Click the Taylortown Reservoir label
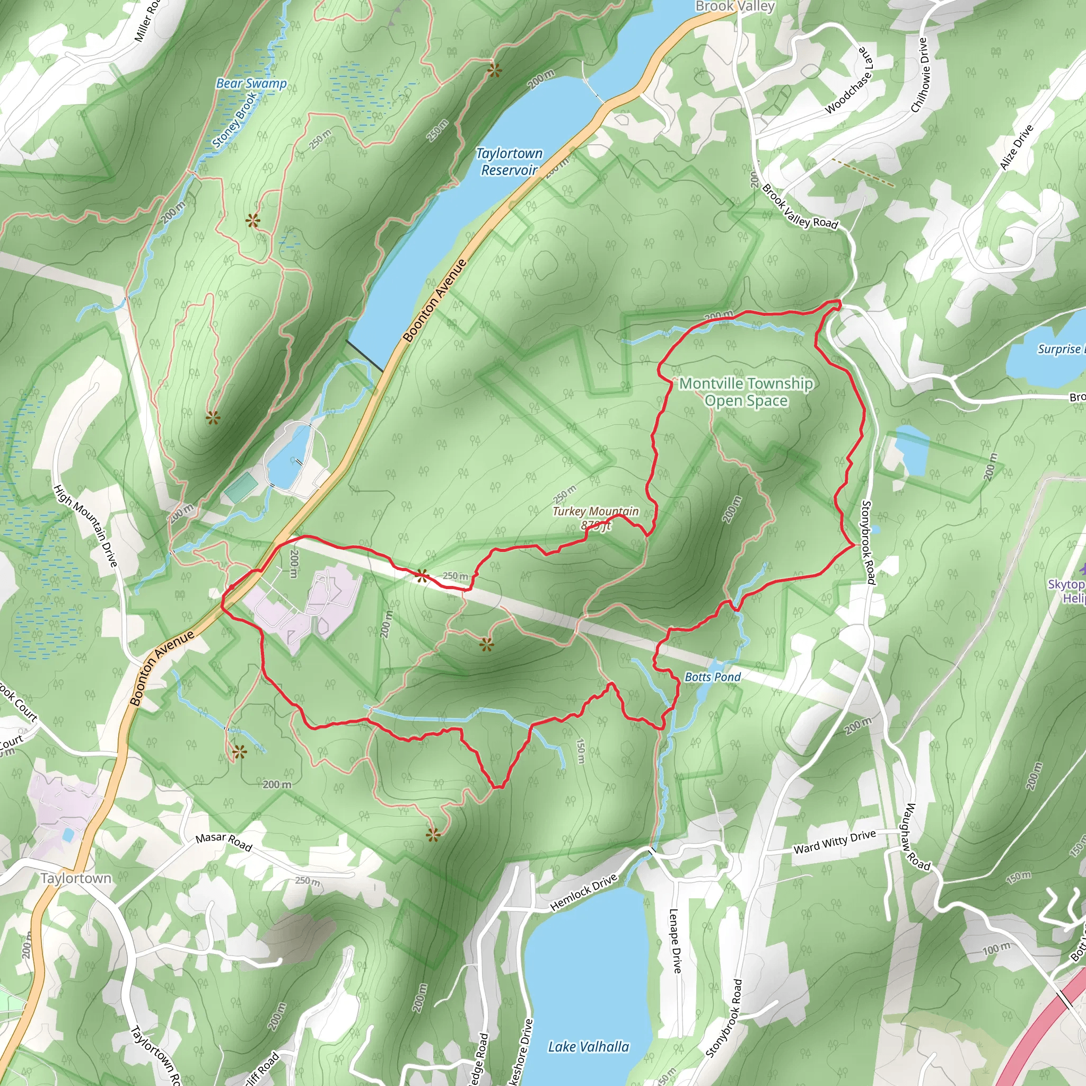coord(509,161)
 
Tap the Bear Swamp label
coord(251,84)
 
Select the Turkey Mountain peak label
coord(596,518)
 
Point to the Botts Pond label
coord(712,677)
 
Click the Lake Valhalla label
coord(588,1046)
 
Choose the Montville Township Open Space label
coord(746,392)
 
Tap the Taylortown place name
coord(76,878)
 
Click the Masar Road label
coord(224,842)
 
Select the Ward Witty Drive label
coord(834,842)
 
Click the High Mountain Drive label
coord(85,526)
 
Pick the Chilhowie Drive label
coord(918,74)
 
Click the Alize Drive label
coord(1017,147)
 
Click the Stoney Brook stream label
coord(235,119)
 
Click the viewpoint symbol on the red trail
coord(421,574)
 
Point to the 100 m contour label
coord(995,949)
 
